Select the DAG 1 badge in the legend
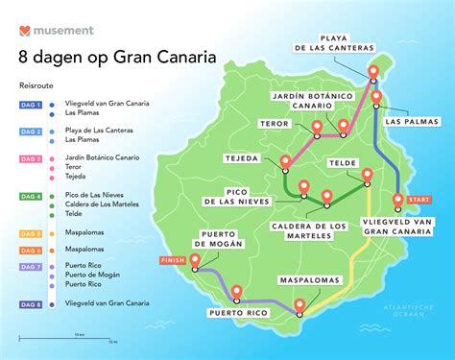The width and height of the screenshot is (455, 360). point(30,104)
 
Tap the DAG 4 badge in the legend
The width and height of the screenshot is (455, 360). point(30,196)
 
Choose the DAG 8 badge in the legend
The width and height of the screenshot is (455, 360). point(30,302)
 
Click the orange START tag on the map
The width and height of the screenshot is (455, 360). point(419,200)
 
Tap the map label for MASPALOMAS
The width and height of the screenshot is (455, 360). point(308,280)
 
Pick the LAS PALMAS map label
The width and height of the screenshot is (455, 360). point(405,122)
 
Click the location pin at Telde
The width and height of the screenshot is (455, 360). point(366,176)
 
